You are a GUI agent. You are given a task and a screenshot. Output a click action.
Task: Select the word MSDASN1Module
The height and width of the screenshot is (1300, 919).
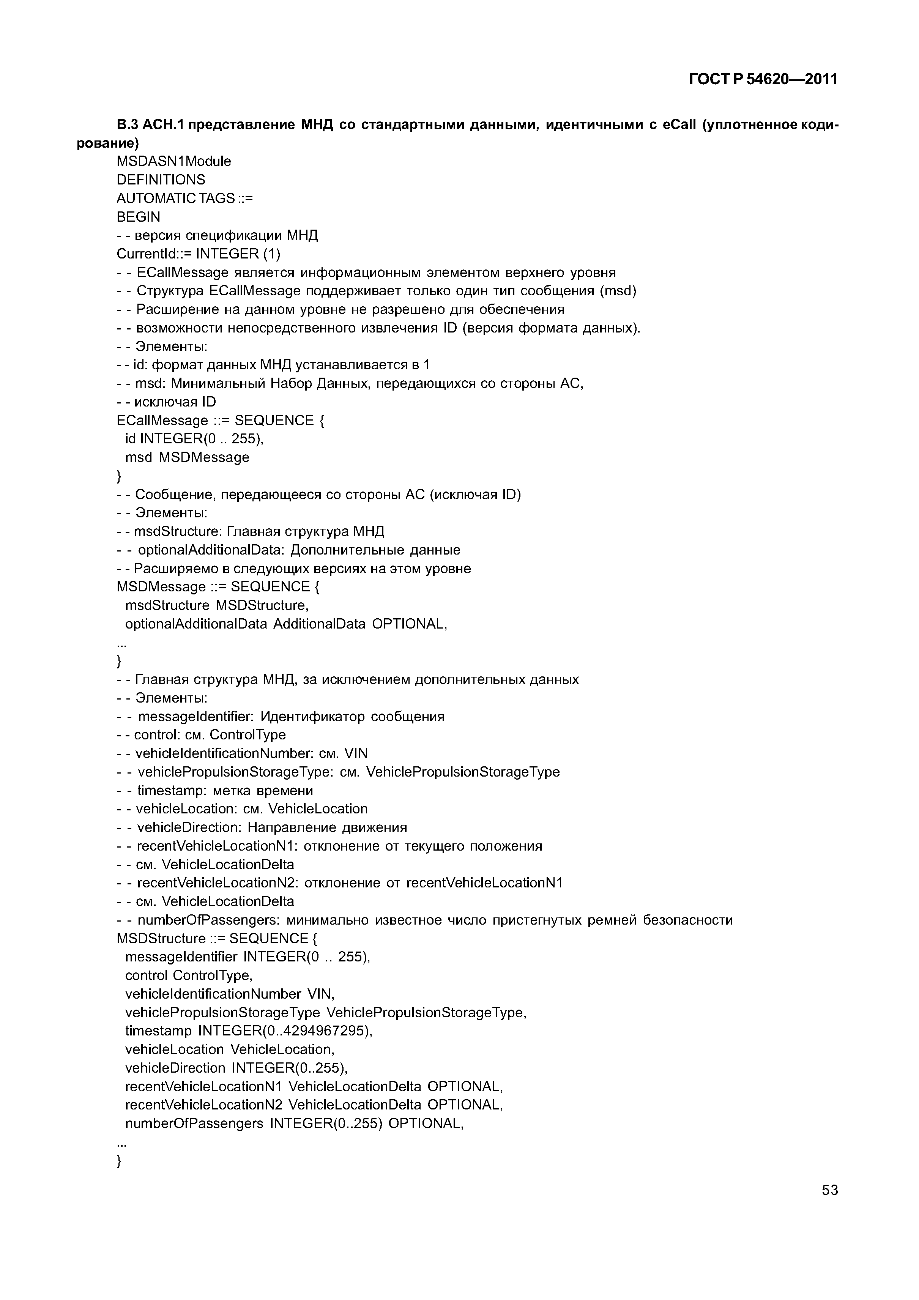point(174,161)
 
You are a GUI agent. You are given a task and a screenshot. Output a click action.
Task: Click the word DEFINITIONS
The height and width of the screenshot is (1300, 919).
point(161,180)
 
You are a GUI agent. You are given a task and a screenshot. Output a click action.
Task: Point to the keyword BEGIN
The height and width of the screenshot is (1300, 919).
point(138,217)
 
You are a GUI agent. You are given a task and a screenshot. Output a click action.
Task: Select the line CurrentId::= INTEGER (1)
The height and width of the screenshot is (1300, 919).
point(198,254)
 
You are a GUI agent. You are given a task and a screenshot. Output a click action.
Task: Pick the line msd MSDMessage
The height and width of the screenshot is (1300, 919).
point(187,457)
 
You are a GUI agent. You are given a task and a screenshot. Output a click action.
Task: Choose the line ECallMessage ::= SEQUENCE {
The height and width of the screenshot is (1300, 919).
point(220,421)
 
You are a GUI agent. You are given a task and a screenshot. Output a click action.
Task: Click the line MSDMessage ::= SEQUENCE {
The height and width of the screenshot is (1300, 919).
point(218,586)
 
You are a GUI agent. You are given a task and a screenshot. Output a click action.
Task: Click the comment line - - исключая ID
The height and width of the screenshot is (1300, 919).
point(167,402)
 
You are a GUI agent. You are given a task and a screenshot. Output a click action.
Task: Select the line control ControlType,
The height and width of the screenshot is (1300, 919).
point(189,975)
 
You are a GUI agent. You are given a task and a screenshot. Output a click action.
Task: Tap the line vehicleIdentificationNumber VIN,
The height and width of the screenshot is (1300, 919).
point(230,994)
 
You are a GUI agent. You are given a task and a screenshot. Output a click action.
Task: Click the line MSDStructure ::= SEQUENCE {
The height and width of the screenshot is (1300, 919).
point(217,939)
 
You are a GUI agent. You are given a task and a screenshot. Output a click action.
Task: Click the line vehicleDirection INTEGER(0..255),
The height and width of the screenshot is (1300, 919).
point(236,1068)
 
